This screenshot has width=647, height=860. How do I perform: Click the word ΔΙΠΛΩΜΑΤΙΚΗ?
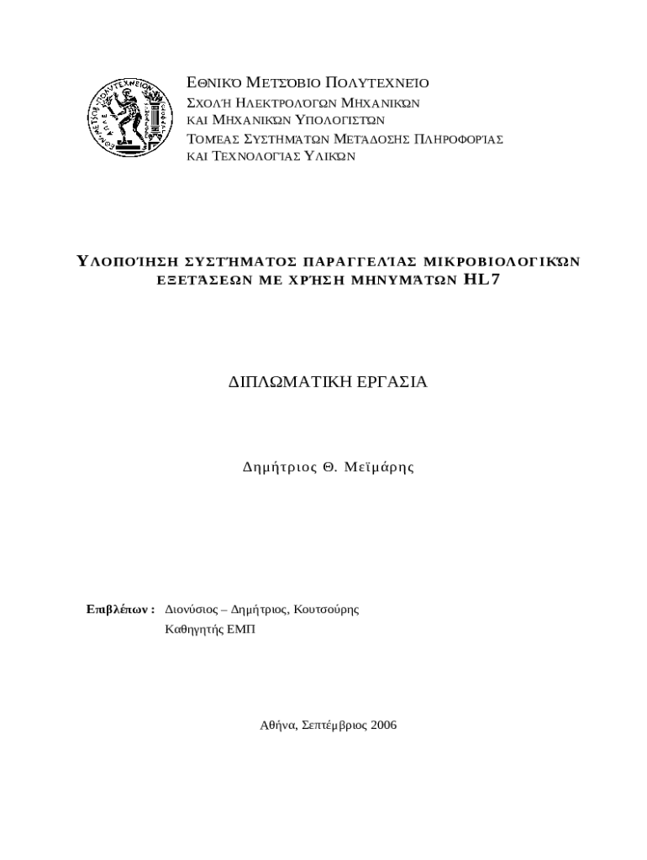point(282,382)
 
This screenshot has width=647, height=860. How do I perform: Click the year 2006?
point(382,724)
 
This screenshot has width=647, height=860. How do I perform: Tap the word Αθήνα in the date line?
point(276,724)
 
